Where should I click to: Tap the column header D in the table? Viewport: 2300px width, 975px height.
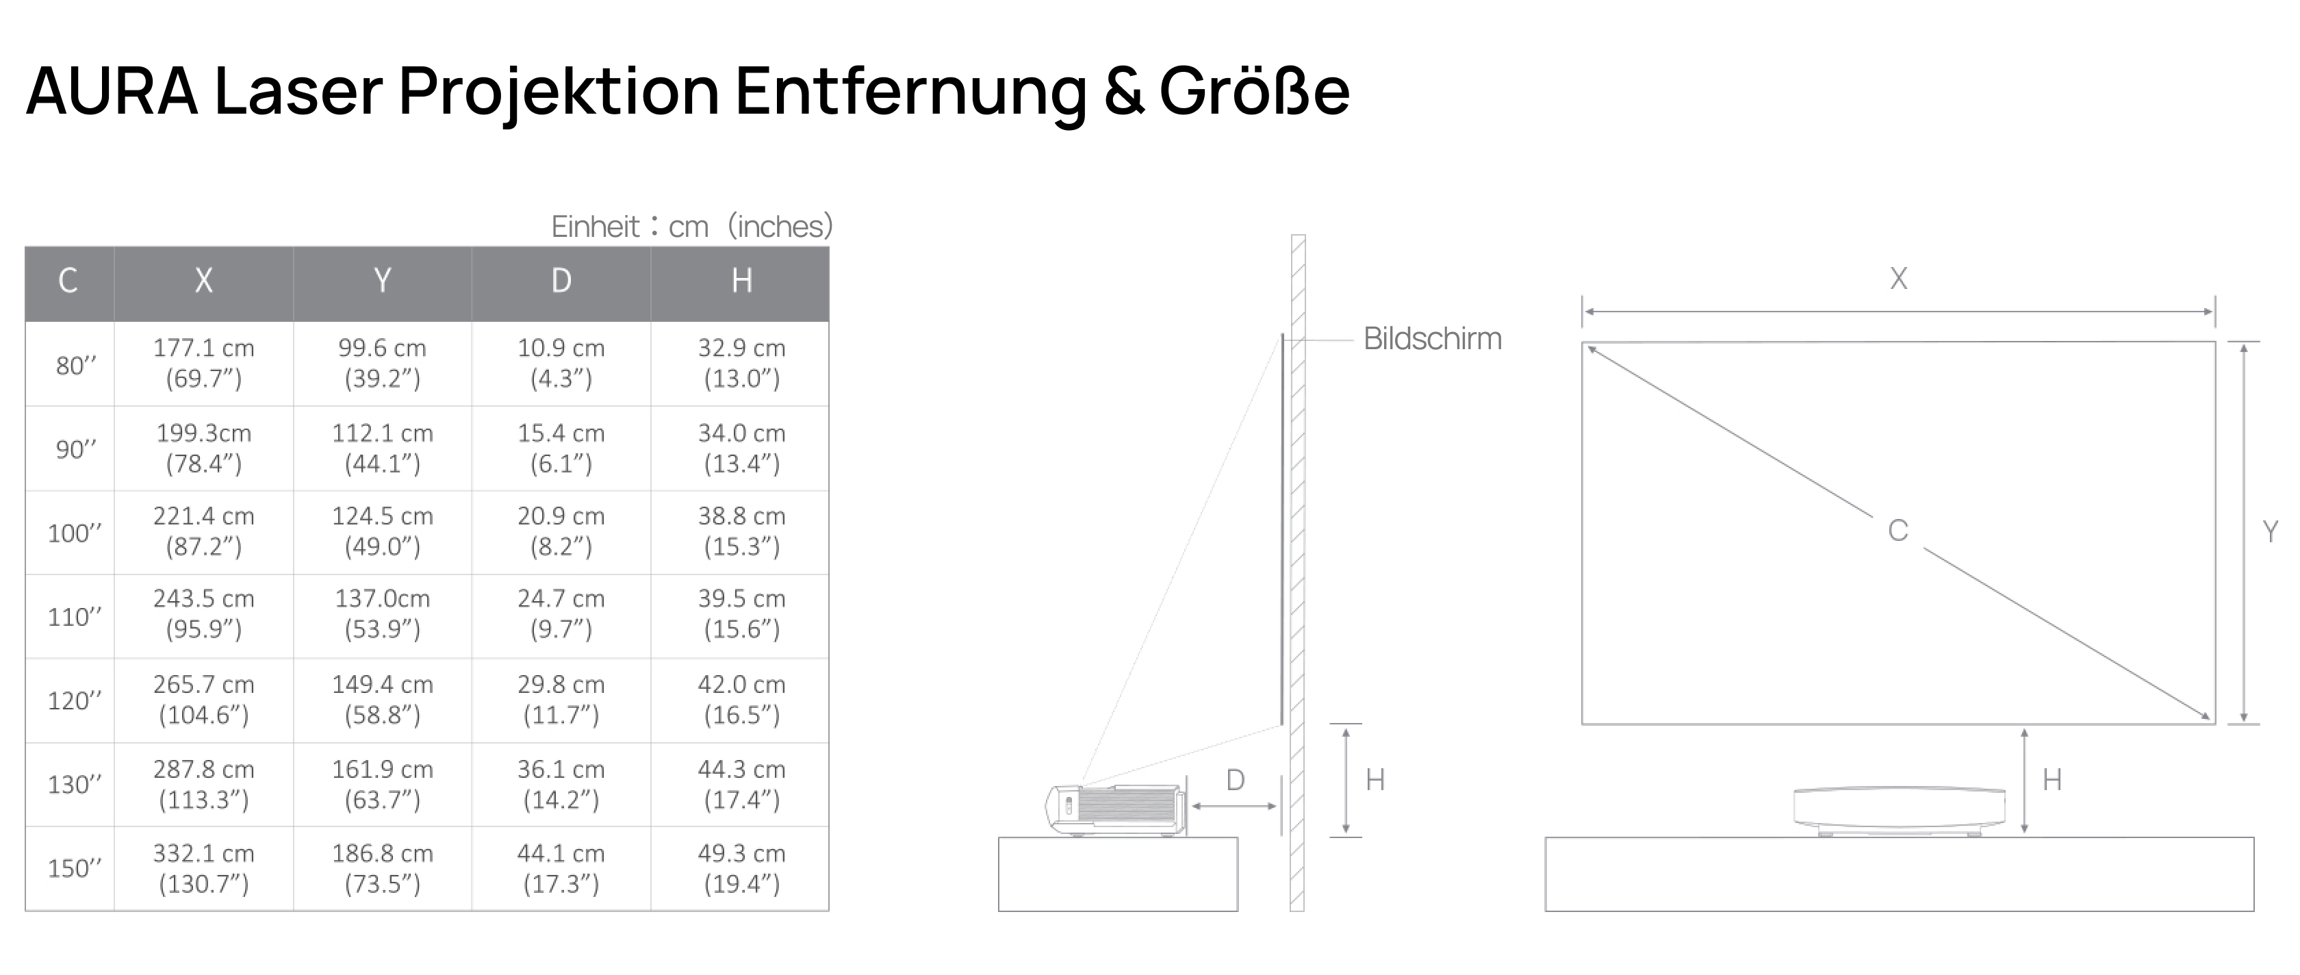tap(561, 280)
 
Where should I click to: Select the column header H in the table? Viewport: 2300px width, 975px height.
tap(741, 280)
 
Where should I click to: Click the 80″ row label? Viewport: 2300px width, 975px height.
tap(76, 365)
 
